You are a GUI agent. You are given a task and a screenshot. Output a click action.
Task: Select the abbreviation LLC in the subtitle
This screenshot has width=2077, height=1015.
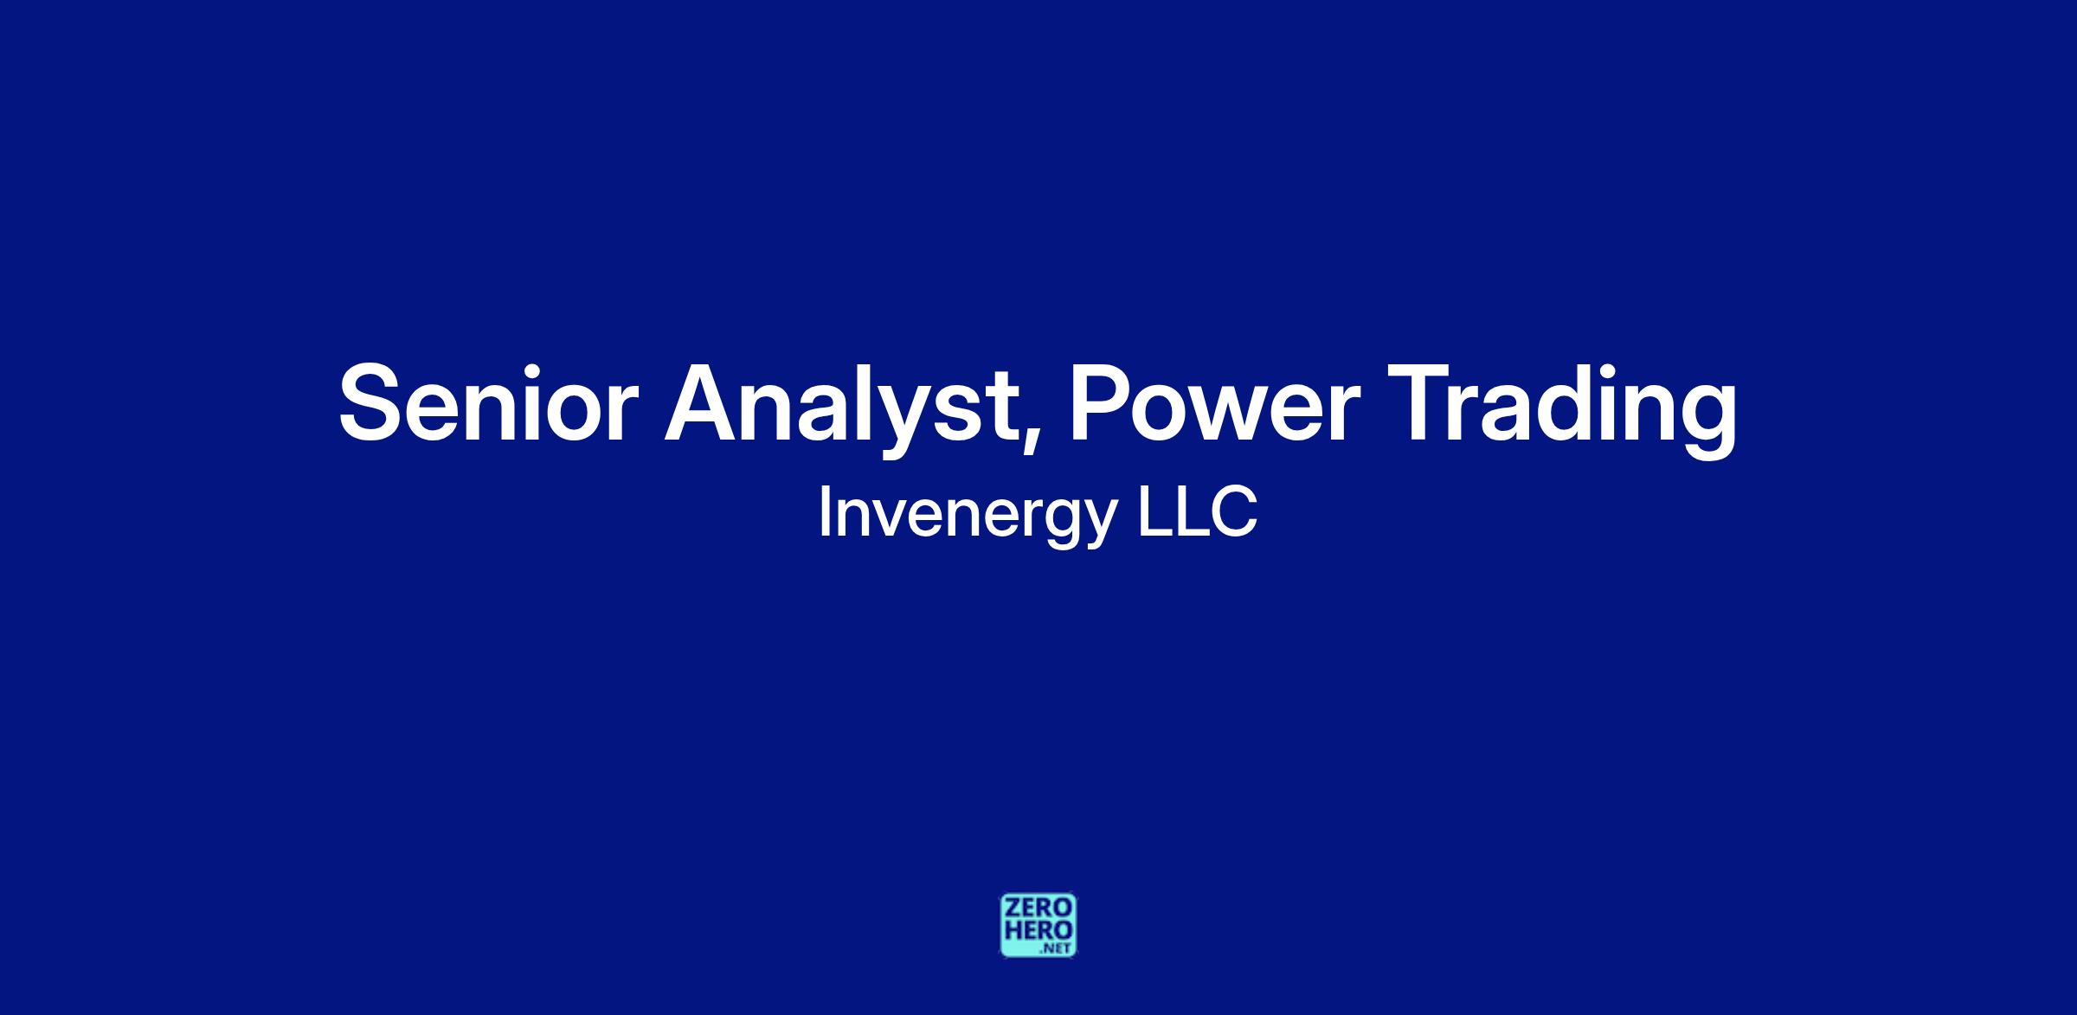coord(1197,512)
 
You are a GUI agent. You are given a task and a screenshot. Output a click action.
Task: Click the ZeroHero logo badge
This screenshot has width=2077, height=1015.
coord(1038,925)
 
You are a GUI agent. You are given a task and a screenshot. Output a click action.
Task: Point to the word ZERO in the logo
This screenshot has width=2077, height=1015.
coord(1038,909)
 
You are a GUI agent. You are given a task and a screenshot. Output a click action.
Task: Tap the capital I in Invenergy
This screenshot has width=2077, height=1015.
coord(824,512)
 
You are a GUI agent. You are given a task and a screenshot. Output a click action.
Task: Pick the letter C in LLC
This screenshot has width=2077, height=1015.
coord(1234,512)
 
